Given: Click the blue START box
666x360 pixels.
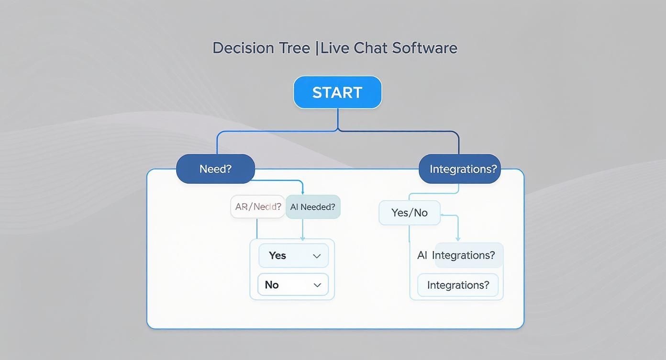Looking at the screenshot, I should pyautogui.click(x=337, y=92).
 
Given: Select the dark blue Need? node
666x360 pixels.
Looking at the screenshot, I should pyautogui.click(x=215, y=169).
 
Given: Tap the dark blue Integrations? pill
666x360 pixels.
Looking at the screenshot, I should pyautogui.click(x=460, y=169).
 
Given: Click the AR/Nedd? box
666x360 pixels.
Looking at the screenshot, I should pyautogui.click(x=258, y=207).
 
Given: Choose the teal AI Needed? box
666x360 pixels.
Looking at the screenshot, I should pyautogui.click(x=313, y=207).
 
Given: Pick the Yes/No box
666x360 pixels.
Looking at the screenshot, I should pyautogui.click(x=410, y=213).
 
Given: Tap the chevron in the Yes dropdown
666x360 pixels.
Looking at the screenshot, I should pyautogui.click(x=317, y=256).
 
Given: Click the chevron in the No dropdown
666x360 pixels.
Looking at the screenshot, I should pyautogui.click(x=317, y=285).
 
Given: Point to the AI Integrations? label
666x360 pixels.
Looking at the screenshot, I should pyautogui.click(x=456, y=255).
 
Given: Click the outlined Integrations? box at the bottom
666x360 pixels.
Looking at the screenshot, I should pyautogui.click(x=458, y=285).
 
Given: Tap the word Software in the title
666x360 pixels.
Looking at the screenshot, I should pyautogui.click(x=425, y=48).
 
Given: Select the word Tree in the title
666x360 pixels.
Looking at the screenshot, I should pyautogui.click(x=293, y=48).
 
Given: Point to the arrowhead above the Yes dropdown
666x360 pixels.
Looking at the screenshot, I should pyautogui.click(x=302, y=238).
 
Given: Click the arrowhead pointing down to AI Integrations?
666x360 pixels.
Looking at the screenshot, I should pyautogui.click(x=458, y=238).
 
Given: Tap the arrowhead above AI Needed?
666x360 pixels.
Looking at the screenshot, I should pyautogui.click(x=302, y=192).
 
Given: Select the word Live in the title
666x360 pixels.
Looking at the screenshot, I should pyautogui.click(x=334, y=48).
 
